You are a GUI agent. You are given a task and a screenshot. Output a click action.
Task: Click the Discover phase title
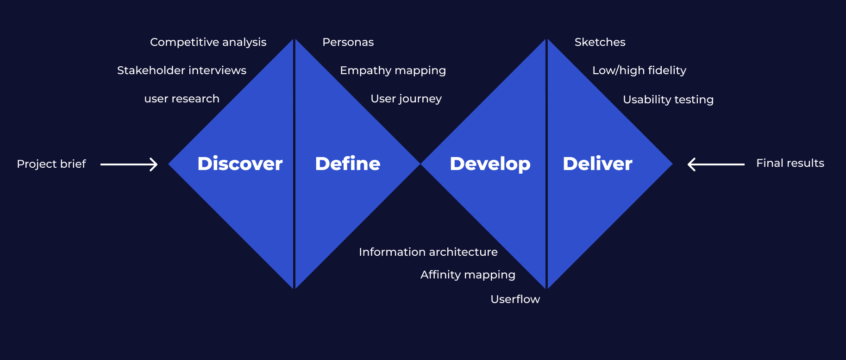pos(240,164)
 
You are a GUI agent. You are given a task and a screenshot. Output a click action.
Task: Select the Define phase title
pos(348,164)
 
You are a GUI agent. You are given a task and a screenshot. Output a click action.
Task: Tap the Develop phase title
pos(490,164)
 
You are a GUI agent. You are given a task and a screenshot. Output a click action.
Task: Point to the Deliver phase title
pos(597,164)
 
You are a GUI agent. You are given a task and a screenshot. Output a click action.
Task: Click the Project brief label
pos(51,164)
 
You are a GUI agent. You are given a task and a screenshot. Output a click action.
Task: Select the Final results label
pos(790,163)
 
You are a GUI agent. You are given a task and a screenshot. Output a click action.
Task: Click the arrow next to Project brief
pos(129,164)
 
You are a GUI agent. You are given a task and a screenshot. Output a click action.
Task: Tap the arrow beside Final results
pos(716,164)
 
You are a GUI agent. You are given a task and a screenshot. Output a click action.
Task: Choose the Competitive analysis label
pos(208,42)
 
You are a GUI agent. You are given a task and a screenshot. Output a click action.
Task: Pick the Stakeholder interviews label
pos(182,70)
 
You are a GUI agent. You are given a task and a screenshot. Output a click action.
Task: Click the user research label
pos(182,99)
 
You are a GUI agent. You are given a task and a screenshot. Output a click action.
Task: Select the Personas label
pos(348,42)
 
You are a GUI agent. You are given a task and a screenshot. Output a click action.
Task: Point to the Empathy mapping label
pos(393,70)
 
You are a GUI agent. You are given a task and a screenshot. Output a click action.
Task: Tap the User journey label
pos(406,99)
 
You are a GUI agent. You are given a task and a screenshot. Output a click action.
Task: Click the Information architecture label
pos(428,252)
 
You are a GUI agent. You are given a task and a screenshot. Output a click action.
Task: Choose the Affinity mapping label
pos(468,275)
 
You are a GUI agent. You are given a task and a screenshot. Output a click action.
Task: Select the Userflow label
pos(515,299)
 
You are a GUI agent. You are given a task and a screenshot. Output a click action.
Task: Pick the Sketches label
pos(600,42)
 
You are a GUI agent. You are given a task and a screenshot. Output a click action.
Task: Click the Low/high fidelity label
pos(639,70)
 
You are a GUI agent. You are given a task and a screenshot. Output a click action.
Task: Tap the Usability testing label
pos(668,100)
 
